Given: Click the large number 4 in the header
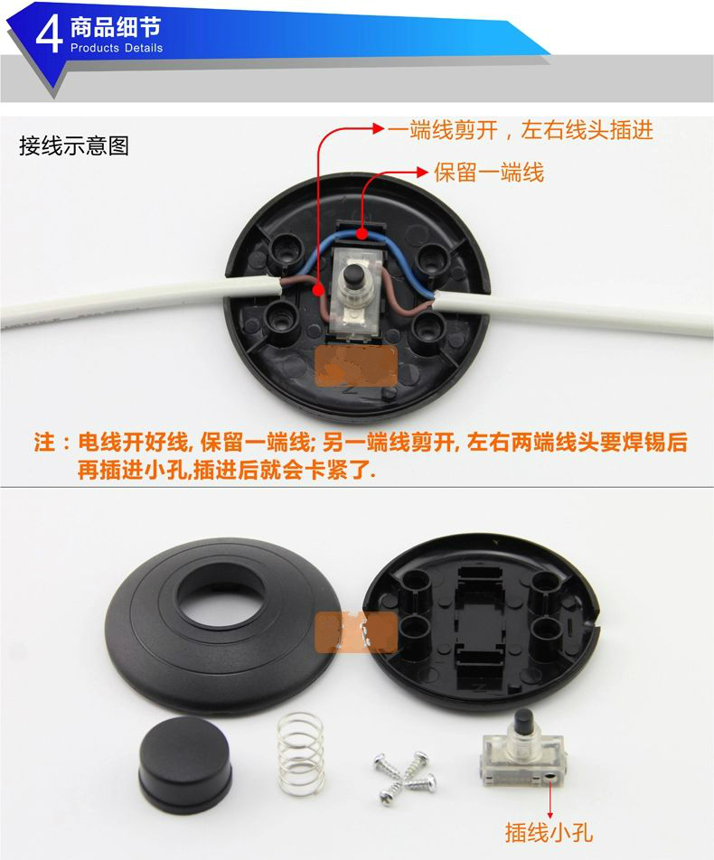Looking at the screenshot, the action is coord(49,35).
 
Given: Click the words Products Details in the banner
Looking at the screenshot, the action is coord(117,48).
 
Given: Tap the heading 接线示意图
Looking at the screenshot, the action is coord(74,146).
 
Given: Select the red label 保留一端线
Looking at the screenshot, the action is coord(489,173).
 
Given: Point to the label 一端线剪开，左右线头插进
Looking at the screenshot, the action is coord(521,130).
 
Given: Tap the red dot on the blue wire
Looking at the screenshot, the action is coord(362,234).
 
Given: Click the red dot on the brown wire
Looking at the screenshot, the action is coord(318,289).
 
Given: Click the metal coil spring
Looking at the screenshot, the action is coord(300,753).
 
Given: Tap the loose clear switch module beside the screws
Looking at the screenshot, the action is coord(522,750).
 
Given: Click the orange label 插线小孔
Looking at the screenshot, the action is coord(549,831).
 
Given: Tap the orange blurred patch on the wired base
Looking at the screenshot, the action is coord(356,365).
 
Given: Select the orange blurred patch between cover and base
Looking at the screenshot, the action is coord(356,631).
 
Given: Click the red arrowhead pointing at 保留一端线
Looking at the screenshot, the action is coord(422,173).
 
